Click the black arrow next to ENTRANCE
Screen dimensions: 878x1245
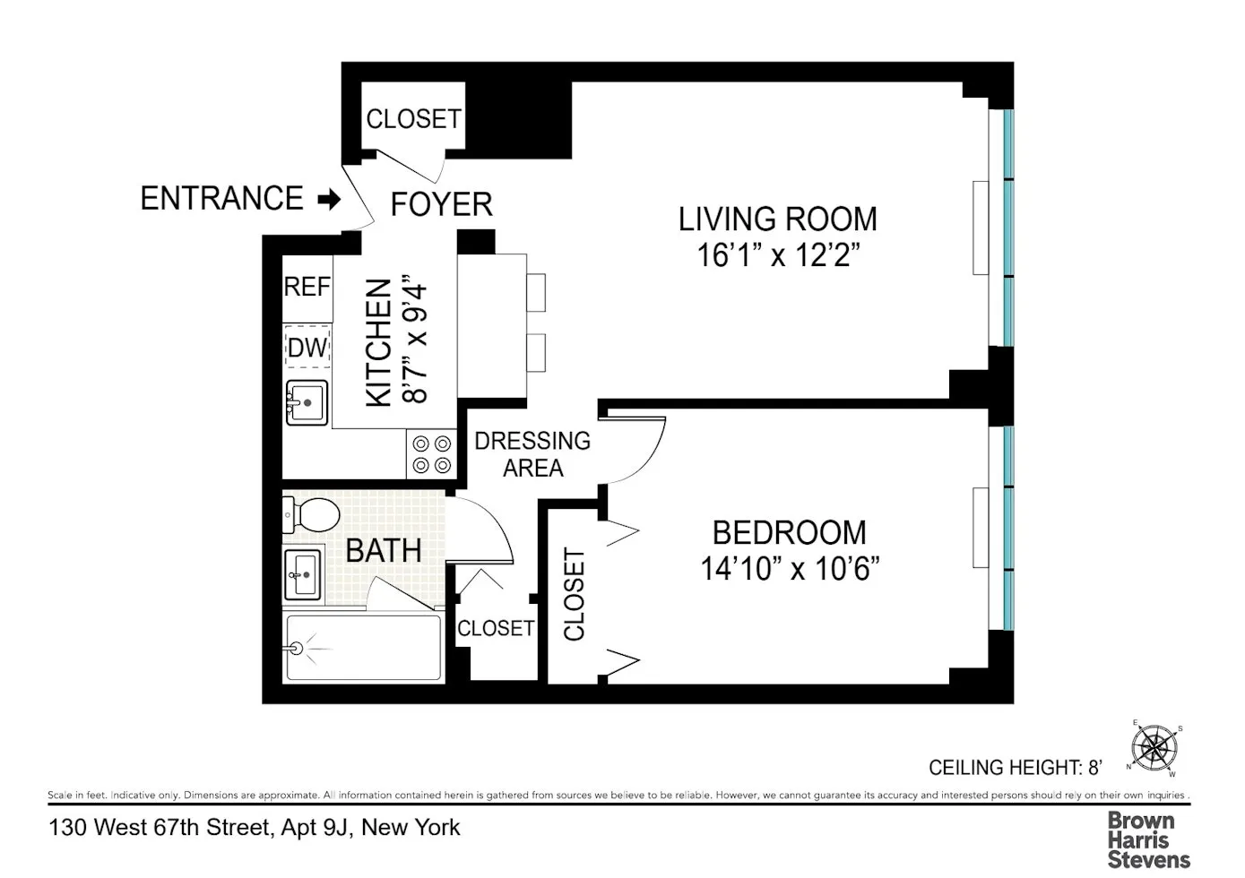coord(330,199)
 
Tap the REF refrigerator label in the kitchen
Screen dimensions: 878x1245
coord(307,287)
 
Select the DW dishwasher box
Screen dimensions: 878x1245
coord(307,348)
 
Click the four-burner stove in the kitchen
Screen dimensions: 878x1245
coord(431,454)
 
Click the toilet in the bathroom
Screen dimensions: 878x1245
coord(311,514)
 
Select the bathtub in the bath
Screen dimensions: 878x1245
coord(362,648)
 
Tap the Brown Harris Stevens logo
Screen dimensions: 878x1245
coord(1147,839)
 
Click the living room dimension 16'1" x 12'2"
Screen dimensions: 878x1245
coord(778,255)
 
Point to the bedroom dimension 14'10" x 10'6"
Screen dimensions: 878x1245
coord(789,569)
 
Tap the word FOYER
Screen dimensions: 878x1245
coord(441,204)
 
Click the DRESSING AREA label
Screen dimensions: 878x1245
coord(532,454)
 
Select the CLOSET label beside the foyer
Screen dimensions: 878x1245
coord(413,119)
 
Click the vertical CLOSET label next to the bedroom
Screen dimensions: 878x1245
coord(574,595)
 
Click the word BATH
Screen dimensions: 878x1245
coord(384,550)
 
